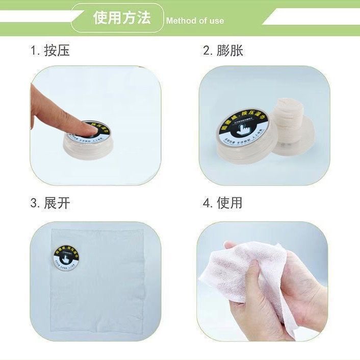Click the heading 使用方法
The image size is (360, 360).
[122, 18]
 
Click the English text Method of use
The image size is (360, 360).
[195, 21]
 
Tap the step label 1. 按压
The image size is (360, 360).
[50, 50]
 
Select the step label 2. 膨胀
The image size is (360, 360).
[223, 50]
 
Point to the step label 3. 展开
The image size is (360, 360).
[50, 203]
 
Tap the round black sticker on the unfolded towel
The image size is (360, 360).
[68, 256]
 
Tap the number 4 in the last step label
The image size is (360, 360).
[206, 203]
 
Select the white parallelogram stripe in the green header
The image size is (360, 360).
[311, 19]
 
